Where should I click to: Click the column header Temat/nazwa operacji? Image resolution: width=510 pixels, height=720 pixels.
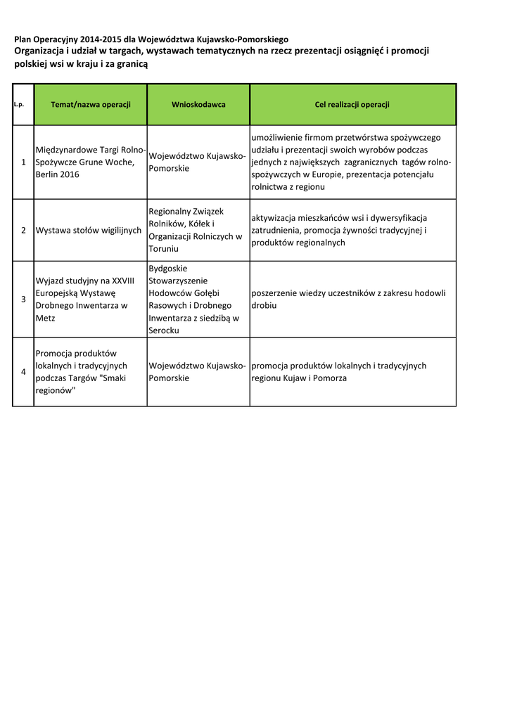point(91,105)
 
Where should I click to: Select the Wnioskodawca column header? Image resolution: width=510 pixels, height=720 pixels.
point(198,105)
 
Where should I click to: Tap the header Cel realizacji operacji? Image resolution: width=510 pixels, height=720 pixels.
point(352,105)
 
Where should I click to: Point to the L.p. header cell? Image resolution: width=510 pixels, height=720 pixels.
point(19,105)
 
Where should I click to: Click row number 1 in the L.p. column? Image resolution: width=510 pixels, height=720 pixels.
point(23,162)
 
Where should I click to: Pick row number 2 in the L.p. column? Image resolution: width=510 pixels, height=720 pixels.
point(23,230)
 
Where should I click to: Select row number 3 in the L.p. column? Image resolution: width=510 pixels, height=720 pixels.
point(23,300)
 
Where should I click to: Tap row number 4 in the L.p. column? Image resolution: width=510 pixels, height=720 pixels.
point(23,372)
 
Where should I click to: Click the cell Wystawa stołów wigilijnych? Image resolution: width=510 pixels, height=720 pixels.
point(89,230)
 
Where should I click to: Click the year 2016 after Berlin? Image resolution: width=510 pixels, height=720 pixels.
point(69,174)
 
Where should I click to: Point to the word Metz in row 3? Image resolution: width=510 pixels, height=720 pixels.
point(45,319)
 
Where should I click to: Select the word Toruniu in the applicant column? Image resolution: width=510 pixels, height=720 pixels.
point(164,249)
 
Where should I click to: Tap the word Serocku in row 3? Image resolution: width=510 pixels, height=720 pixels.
point(164,330)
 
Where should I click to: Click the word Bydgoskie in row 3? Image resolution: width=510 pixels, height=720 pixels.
point(168,269)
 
